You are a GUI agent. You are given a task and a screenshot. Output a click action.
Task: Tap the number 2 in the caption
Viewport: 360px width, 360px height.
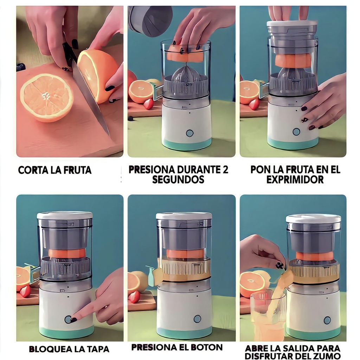(x=225, y=170)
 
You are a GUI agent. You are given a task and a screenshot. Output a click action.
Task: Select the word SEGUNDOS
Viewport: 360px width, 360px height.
(x=178, y=180)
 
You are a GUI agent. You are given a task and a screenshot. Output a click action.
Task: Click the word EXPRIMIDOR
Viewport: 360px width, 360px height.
(x=295, y=180)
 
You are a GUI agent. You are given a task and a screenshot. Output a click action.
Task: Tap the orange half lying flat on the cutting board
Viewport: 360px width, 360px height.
(x=47, y=98)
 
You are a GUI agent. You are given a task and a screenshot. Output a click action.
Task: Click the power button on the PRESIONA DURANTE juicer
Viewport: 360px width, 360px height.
(x=189, y=133)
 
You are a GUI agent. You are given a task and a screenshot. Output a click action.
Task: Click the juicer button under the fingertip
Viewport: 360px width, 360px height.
(x=68, y=319)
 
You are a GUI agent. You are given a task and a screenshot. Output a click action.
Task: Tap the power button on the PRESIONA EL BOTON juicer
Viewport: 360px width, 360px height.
(x=197, y=319)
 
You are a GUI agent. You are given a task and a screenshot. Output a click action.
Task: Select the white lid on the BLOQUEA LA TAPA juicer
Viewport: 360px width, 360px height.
(x=65, y=215)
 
